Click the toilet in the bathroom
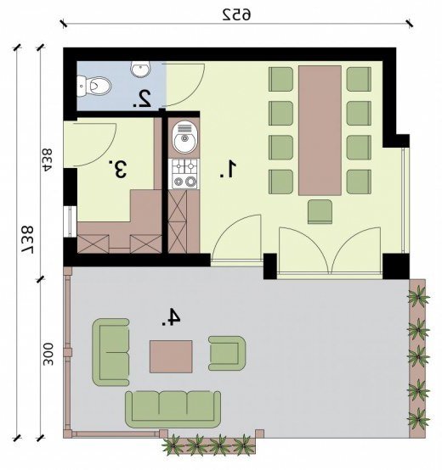click(x=93, y=86)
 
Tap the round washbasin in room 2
click(x=140, y=69)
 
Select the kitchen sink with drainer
click(x=184, y=137)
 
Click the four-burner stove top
click(x=184, y=174)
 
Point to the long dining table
click(x=320, y=131)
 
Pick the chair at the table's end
click(x=320, y=211)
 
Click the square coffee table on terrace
click(x=171, y=356)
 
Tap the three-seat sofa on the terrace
click(x=173, y=409)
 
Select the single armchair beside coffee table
click(x=227, y=353)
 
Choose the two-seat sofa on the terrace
click(x=110, y=352)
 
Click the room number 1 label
click(x=228, y=170)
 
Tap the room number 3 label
click(x=118, y=170)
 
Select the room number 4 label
click(x=171, y=316)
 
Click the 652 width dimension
click(x=236, y=14)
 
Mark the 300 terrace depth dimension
click(x=48, y=355)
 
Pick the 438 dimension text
click(x=47, y=159)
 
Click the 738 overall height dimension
click(x=27, y=239)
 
